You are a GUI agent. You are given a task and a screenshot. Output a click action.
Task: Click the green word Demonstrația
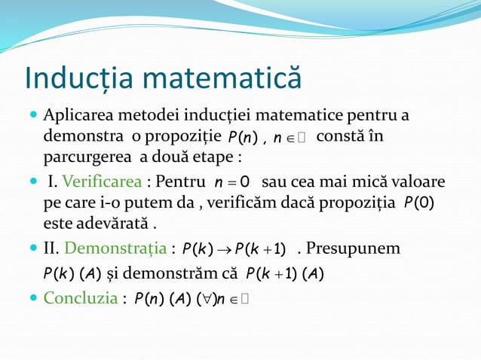[x=120, y=248]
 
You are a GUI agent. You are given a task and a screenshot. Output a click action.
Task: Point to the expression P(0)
[x=419, y=204]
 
